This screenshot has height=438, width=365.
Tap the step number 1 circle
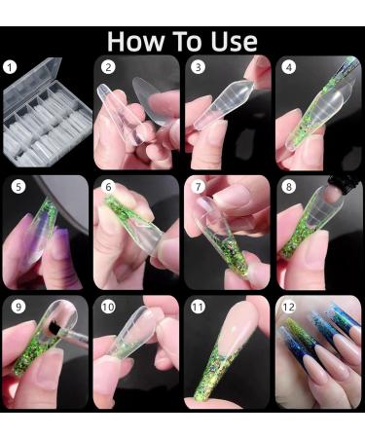[x=13, y=68]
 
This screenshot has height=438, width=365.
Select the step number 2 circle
[x=109, y=68]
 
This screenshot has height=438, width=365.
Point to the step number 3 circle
[x=199, y=68]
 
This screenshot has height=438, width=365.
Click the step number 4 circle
[x=289, y=68]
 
